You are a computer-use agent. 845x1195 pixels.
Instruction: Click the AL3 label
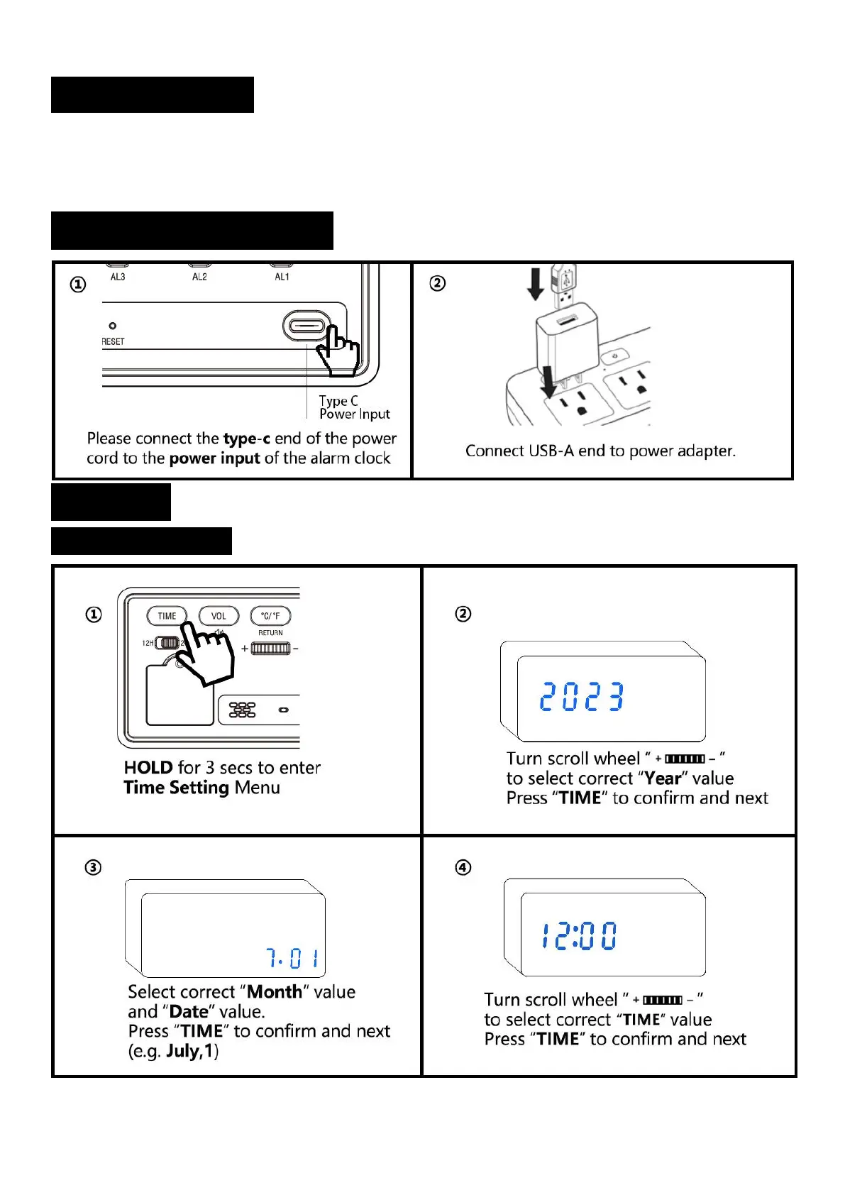point(118,277)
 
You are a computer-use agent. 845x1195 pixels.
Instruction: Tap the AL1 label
point(282,277)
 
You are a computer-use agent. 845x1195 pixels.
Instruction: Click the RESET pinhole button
point(112,326)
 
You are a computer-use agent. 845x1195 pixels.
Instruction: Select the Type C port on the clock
point(306,327)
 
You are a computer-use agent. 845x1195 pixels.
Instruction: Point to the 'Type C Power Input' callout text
point(354,407)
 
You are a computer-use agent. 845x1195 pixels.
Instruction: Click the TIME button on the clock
point(167,616)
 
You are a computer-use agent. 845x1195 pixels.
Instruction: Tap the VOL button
point(219,616)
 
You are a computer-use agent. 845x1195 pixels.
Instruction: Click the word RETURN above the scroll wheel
point(270,632)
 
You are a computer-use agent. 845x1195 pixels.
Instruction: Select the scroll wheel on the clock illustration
point(270,648)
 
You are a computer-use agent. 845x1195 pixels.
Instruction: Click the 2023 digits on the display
point(582,696)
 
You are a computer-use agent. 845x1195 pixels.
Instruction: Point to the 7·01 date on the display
point(292,959)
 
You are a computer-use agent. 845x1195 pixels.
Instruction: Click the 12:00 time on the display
point(579,936)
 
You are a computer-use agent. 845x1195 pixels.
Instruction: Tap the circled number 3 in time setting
point(93,867)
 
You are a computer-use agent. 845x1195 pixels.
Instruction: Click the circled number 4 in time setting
point(463,867)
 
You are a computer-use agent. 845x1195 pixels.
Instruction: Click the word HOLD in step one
point(148,768)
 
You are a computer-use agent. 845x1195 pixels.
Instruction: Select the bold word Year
point(662,778)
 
